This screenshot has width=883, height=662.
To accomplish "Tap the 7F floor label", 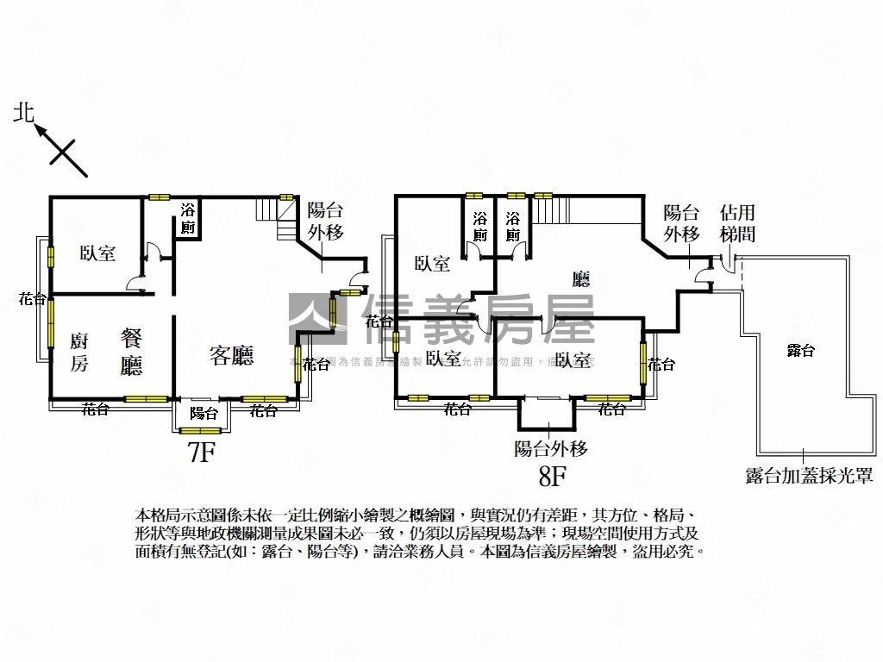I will coord(201,452).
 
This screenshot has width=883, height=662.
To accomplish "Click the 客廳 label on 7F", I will coord(231,355).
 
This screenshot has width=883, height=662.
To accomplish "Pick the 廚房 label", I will coord(78,353).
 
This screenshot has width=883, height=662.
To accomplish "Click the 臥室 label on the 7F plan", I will coord(97,253).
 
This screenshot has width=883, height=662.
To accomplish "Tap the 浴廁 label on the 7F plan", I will coord(188,219).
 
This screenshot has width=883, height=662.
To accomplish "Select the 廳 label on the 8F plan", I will coord(581,278).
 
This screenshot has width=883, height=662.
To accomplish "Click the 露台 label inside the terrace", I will coord(800,350).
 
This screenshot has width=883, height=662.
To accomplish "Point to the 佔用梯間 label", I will coord(737,222).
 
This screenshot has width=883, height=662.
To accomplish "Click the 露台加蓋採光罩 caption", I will coord(810,475).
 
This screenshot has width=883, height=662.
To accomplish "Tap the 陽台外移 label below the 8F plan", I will coord(551,448).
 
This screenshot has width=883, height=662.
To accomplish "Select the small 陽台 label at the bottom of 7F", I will coord(204,413).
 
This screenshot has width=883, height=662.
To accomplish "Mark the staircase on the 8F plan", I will coord(553,209).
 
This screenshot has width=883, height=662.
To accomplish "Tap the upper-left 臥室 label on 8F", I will coord(432,264).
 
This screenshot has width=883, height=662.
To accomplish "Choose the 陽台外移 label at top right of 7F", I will coord(326,221).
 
